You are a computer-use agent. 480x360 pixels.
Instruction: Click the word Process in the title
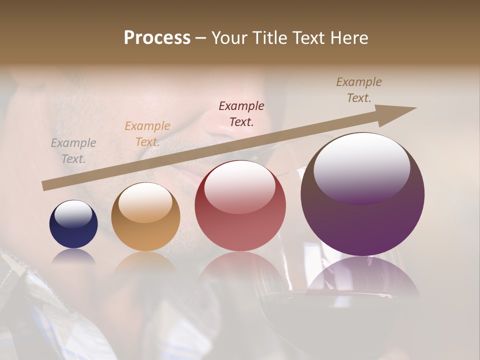coord(157,38)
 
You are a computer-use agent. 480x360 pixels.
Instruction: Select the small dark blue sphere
coord(73,224)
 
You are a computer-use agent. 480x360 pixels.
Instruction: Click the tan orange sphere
coord(145,217)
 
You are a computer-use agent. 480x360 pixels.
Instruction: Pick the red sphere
coord(240,206)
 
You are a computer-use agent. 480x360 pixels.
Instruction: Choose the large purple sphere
coord(362,194)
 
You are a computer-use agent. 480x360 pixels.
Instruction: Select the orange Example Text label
coord(147,134)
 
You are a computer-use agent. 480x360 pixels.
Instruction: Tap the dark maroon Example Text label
coord(241,114)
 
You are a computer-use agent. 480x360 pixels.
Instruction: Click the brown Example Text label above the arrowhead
coord(359,90)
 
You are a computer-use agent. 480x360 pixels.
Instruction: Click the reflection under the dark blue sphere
coord(73,256)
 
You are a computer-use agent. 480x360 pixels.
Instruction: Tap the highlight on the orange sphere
coord(145,202)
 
